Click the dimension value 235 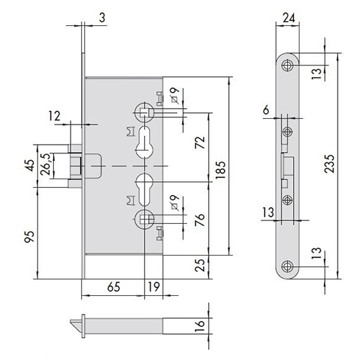[329, 163]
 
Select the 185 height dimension [220, 170]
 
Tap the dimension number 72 [199, 143]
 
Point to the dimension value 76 [199, 220]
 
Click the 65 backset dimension [114, 287]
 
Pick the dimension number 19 [153, 287]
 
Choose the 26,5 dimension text [45, 164]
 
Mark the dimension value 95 [30, 236]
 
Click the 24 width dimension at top [289, 18]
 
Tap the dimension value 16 [199, 325]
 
